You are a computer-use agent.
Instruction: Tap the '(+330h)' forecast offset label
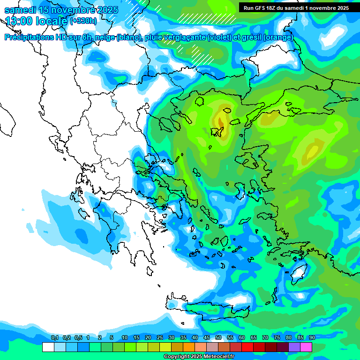click(83, 21)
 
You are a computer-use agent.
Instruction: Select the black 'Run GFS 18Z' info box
click(296, 8)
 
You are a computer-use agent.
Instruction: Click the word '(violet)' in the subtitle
click(219, 37)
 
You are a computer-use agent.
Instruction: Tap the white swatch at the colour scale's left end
click(48, 347)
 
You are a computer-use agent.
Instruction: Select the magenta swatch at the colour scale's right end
click(306, 347)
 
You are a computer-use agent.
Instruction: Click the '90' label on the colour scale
click(312, 337)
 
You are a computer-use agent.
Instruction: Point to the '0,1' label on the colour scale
click(54, 337)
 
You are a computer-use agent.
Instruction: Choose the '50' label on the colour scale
click(218, 337)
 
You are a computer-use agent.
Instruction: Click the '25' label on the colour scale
click(160, 337)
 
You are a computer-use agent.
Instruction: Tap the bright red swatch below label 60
click(247, 347)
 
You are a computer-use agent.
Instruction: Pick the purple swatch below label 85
click(294, 347)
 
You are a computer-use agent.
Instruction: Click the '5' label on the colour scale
click(112, 337)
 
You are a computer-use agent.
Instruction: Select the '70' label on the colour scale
click(265, 337)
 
